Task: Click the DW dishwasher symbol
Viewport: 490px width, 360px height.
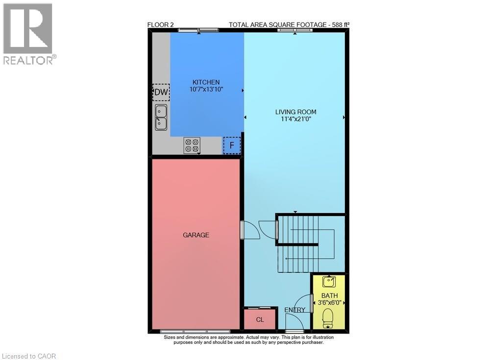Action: [161, 92]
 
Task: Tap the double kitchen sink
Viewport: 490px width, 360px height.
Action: [161, 117]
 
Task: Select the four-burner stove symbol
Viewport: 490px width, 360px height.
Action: [192, 145]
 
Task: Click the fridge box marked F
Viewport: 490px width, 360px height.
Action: [232, 145]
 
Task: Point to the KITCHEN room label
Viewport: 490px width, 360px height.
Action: [206, 82]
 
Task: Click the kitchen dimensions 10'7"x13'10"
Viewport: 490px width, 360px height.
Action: [206, 90]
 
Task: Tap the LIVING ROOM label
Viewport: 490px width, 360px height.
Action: [294, 112]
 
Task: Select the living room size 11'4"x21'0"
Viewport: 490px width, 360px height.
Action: [294, 119]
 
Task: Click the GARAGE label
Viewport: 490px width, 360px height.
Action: [196, 235]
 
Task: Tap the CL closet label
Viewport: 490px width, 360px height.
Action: [260, 320]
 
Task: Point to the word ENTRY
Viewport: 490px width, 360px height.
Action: [295, 310]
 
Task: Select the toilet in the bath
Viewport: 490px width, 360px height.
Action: [328, 320]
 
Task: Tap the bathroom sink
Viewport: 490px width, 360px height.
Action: [328, 282]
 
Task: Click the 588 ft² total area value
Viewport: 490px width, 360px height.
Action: [339, 24]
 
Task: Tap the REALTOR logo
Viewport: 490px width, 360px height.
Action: [28, 34]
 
